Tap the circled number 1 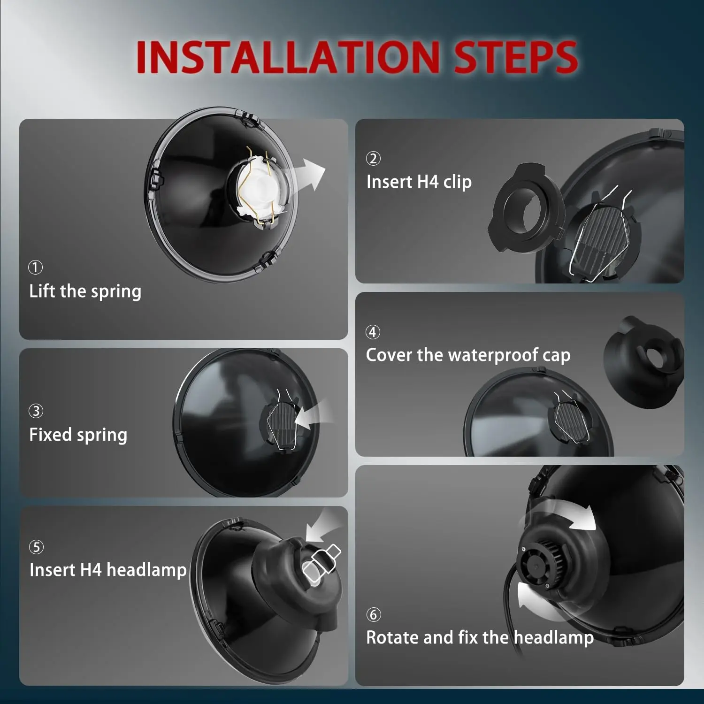click(35, 268)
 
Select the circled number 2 click(373, 159)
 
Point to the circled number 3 click(36, 411)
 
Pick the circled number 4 click(373, 332)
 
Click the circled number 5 click(36, 547)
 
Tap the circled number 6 click(373, 615)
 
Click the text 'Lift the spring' click(85, 291)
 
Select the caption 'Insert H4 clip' click(419, 182)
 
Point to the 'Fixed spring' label click(78, 435)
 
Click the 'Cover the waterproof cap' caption click(468, 355)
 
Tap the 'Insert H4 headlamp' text click(108, 570)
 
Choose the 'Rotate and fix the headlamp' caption click(480, 637)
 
